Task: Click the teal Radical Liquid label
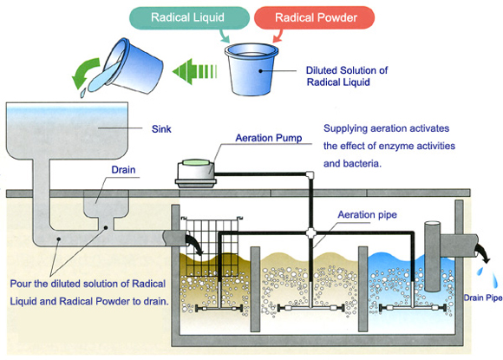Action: pos(189,17)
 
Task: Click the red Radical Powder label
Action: pos(315,17)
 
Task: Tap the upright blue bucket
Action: pos(251,69)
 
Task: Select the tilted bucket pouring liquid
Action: pos(128,67)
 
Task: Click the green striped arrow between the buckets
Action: pos(195,71)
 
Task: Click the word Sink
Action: pos(161,129)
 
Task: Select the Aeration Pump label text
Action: pos(269,138)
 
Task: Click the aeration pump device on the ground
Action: pos(195,173)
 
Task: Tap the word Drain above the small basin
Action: pos(123,169)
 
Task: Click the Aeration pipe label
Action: pos(368,214)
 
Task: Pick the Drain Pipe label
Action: pos(483,298)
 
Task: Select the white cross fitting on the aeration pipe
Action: pos(310,233)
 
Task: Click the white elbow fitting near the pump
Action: pos(310,175)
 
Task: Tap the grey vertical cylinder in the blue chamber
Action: pos(432,256)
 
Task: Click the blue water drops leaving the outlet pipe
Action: pos(488,276)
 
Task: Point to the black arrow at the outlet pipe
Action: pos(483,252)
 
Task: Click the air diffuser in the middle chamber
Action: pos(310,308)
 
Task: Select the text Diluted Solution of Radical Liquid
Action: pos(347,76)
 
